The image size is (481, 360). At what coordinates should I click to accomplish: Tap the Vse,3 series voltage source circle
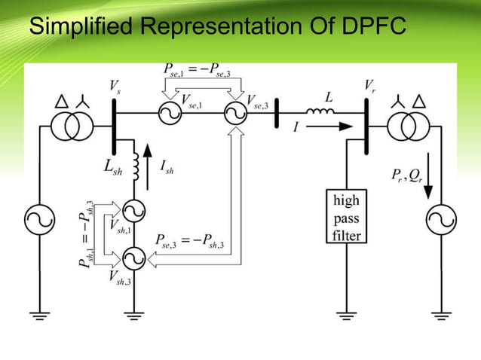(235, 114)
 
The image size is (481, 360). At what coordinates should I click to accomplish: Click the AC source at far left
(35, 220)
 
